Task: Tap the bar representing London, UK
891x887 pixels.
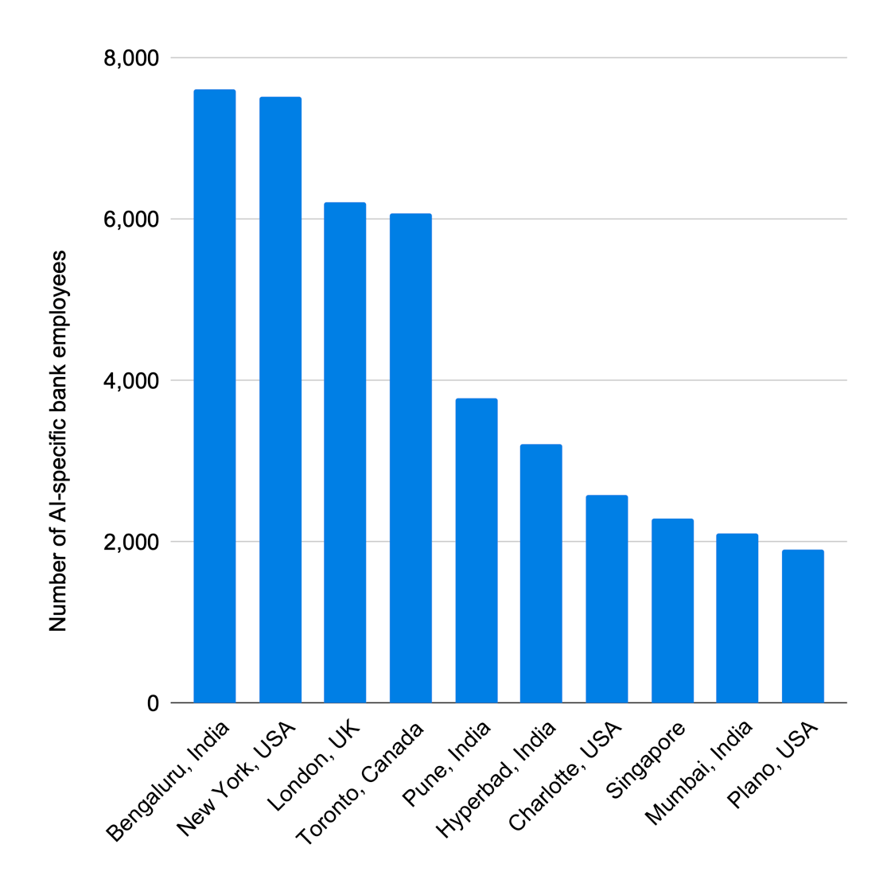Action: (x=345, y=453)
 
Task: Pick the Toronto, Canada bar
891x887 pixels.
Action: (x=410, y=458)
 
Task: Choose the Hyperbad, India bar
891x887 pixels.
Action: (x=541, y=574)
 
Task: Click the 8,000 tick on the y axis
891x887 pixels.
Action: (x=131, y=58)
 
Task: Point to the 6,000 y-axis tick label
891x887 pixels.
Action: (x=131, y=220)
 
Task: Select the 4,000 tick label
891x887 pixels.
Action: (x=131, y=381)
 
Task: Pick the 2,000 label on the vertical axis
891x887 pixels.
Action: (x=131, y=543)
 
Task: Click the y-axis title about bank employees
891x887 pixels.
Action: (x=58, y=442)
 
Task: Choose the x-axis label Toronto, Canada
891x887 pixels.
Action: (x=360, y=784)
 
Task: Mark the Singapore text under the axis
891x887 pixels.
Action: (x=645, y=761)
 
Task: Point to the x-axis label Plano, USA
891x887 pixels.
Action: (x=773, y=764)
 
